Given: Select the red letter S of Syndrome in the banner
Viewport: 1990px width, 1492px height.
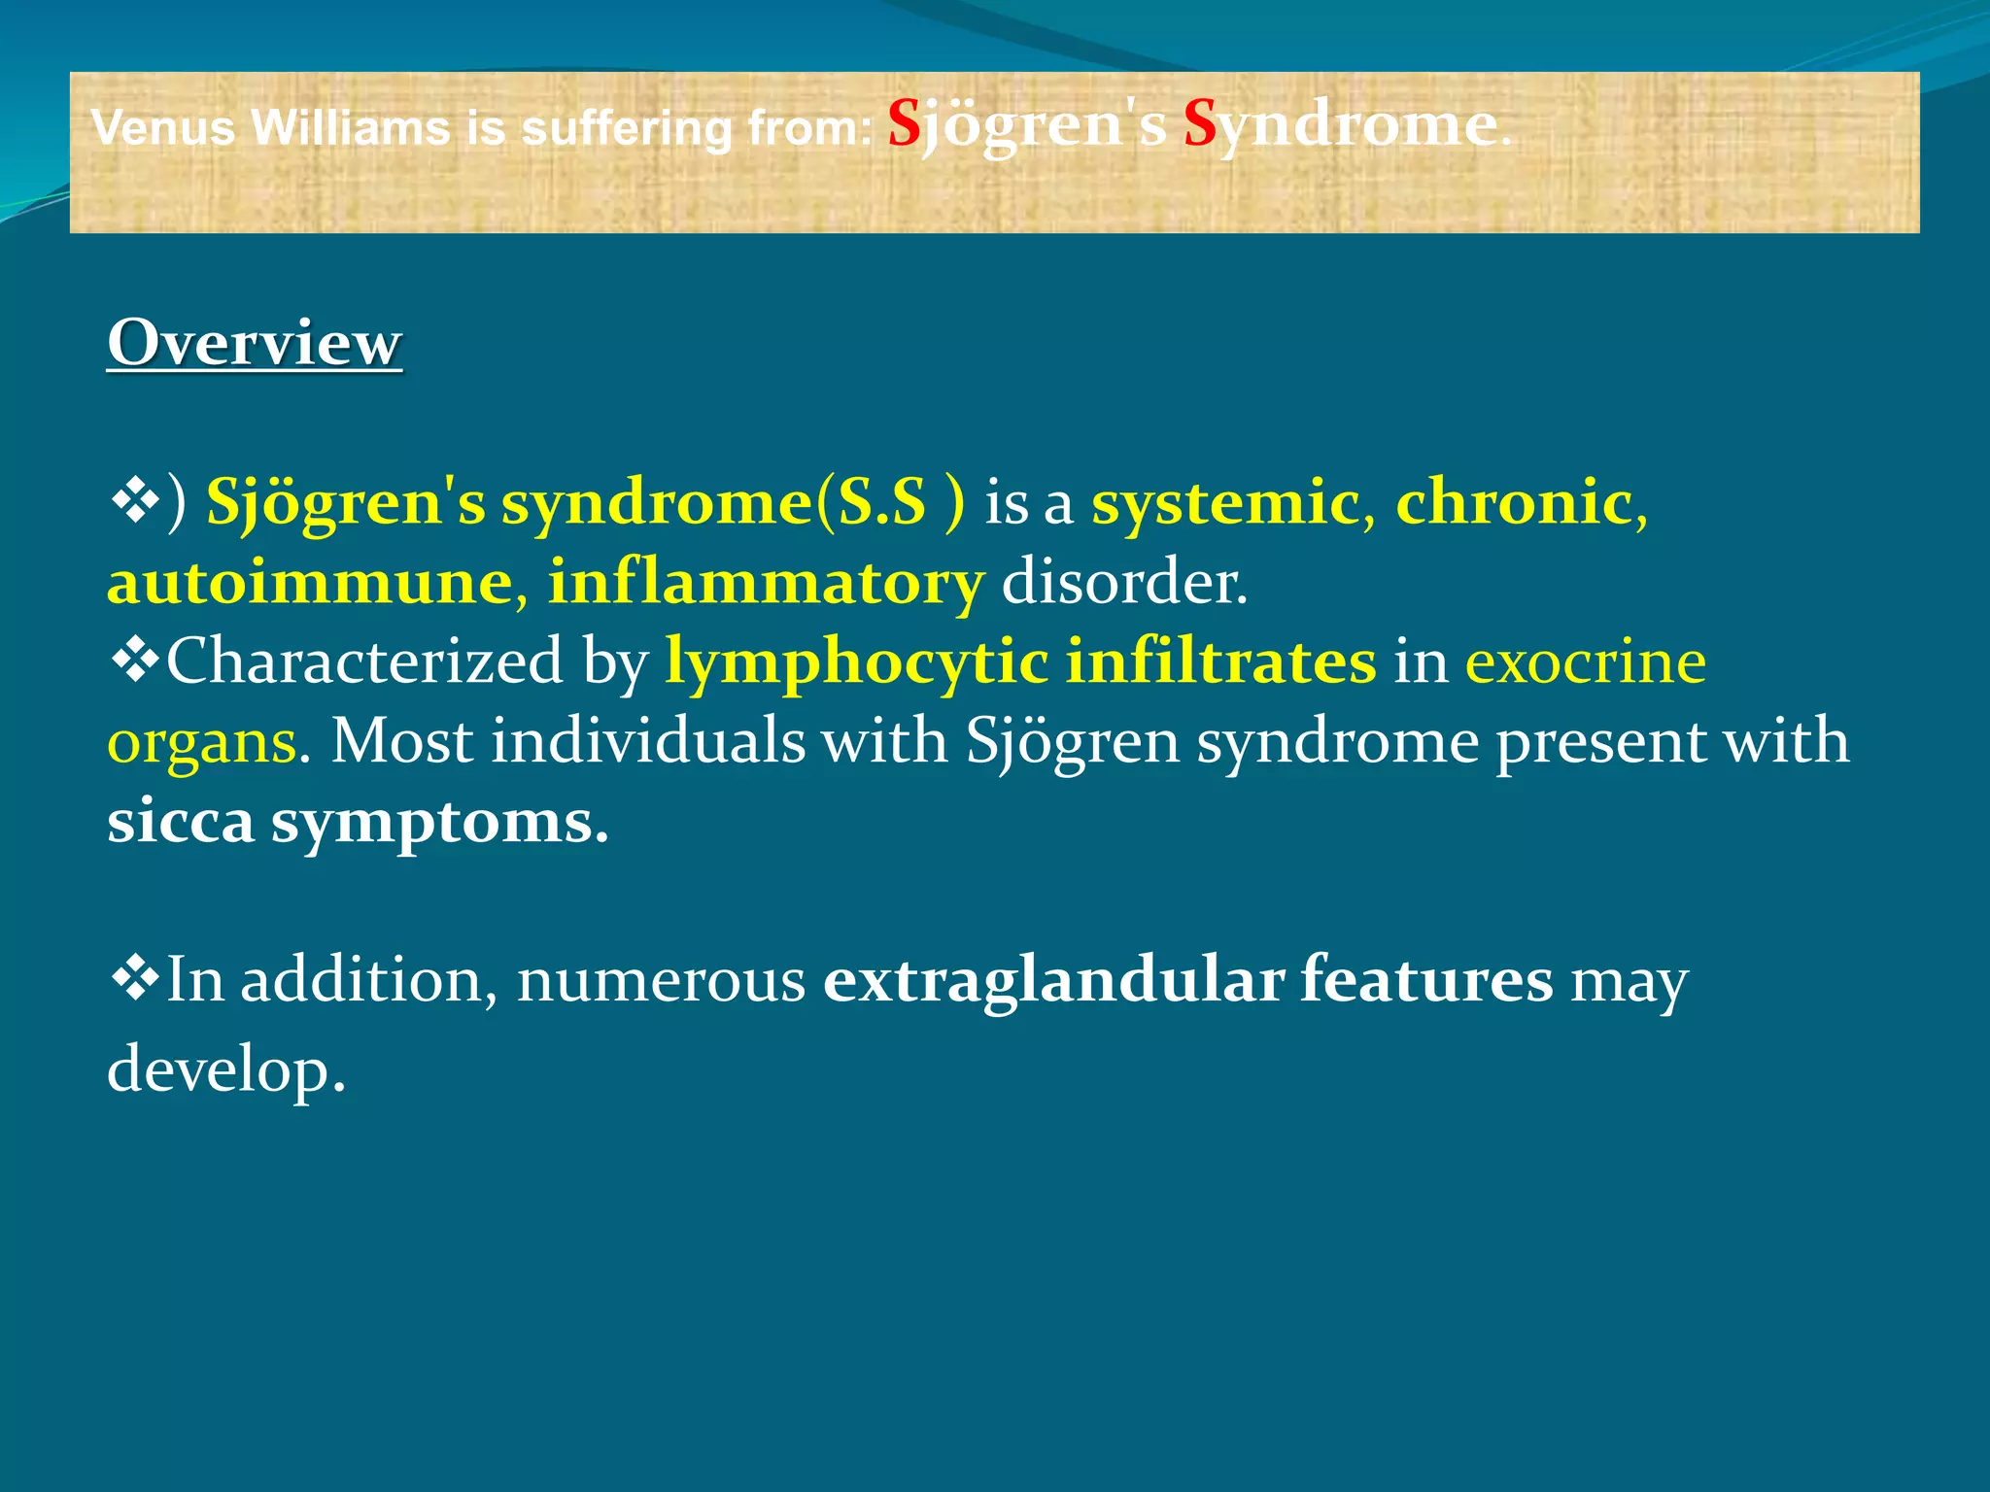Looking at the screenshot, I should coord(1200,124).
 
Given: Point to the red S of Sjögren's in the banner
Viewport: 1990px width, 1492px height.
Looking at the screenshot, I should coord(904,124).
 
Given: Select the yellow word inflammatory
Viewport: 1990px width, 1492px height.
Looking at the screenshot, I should coord(766,582).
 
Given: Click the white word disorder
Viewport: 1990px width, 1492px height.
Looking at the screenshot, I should coord(1123,582).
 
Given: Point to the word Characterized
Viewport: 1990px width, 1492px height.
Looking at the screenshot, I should coord(364,661).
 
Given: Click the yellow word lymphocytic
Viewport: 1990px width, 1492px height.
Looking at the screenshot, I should coord(856,663).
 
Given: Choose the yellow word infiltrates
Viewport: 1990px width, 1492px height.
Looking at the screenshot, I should coord(1220,661).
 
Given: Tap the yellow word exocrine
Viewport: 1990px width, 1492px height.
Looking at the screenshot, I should coord(1585,661).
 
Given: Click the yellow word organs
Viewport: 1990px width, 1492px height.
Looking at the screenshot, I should coord(201,743).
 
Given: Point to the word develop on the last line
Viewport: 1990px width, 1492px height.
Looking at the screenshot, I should coord(225,1068).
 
